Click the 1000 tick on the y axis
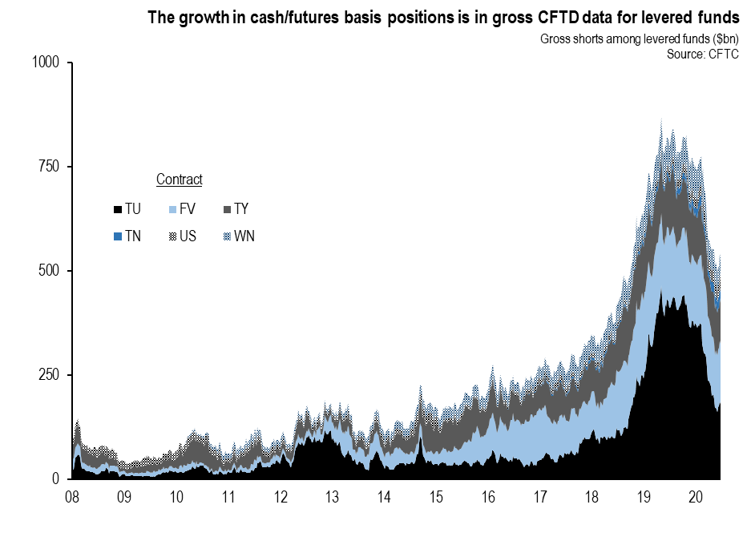pyautogui.click(x=46, y=63)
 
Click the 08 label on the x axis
pyautogui.click(x=72, y=498)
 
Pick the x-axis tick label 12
pyautogui.click(x=281, y=498)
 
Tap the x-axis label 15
pyautogui.click(x=437, y=498)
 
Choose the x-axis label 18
pyautogui.click(x=593, y=498)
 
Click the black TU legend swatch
pyautogui.click(x=118, y=209)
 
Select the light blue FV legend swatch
pyautogui.click(x=172, y=209)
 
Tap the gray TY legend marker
pyautogui.click(x=226, y=209)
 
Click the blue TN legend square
pyautogui.click(x=118, y=236)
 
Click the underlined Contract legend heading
pyautogui.click(x=179, y=180)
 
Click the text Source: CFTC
pyautogui.click(x=702, y=54)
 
